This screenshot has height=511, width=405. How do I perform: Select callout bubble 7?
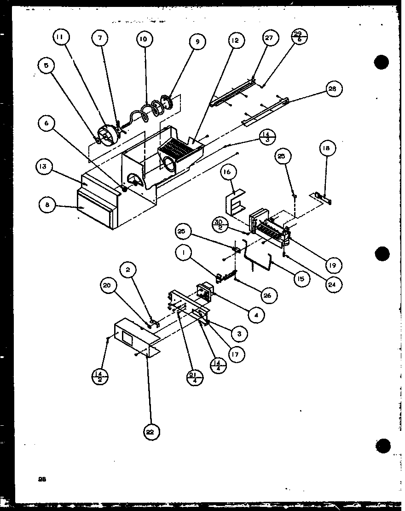[x=100, y=39]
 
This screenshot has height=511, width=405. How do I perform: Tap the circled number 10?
[x=144, y=39]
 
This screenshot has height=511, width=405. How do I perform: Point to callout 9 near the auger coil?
[x=197, y=42]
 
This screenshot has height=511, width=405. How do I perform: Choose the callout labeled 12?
[x=236, y=41]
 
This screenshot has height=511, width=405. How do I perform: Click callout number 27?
[x=269, y=38]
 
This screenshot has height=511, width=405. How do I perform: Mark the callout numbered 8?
[x=47, y=205]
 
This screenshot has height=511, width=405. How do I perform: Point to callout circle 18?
[x=327, y=148]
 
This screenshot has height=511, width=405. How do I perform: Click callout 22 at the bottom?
[x=152, y=431]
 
